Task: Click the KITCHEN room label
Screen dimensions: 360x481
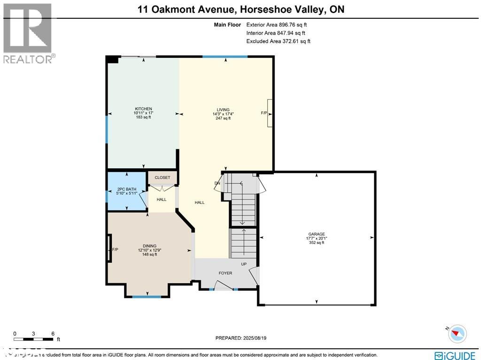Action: pyautogui.click(x=143, y=109)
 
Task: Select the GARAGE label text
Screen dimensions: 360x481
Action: pyautogui.click(x=316, y=234)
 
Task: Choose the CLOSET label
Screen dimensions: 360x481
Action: pyautogui.click(x=162, y=178)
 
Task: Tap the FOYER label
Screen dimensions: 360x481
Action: pyautogui.click(x=225, y=273)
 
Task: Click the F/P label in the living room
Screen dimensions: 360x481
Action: pyautogui.click(x=264, y=113)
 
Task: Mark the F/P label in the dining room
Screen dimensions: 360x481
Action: pyautogui.click(x=115, y=250)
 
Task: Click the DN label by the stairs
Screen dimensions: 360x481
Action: pyautogui.click(x=217, y=183)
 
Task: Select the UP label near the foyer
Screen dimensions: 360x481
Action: pyautogui.click(x=244, y=264)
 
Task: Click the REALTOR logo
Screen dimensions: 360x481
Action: pyautogui.click(x=28, y=33)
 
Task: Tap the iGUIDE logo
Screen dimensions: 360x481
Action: pyautogui.click(x=456, y=355)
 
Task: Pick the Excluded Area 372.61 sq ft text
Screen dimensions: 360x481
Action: pyautogui.click(x=278, y=41)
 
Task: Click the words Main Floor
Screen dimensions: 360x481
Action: pyautogui.click(x=227, y=25)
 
